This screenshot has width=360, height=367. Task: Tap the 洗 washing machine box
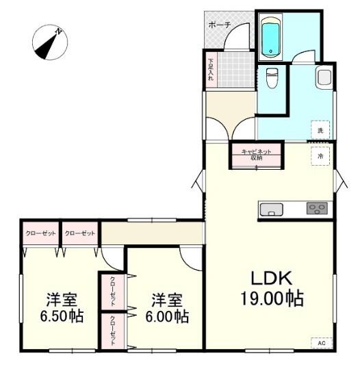coord(320,128)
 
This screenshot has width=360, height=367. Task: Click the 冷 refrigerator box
coord(320,155)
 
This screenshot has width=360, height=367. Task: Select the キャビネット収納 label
coord(257,154)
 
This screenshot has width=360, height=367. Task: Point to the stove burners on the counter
coord(316,209)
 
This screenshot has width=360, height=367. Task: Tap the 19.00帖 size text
coord(271,299)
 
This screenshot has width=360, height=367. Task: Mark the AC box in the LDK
coord(320,342)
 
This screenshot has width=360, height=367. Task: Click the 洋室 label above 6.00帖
coord(166,299)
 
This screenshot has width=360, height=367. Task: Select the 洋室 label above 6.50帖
coord(61,299)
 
